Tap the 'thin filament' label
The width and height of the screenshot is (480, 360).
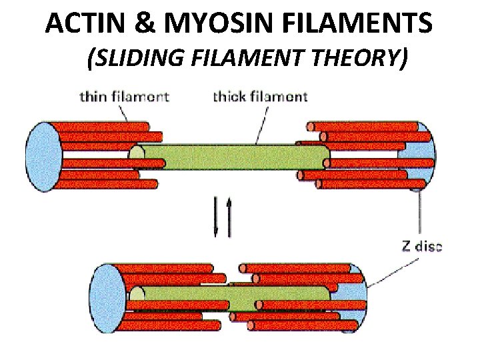(x=124, y=97)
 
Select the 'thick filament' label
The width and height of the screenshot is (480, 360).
(x=260, y=97)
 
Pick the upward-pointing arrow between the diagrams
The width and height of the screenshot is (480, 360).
(x=231, y=217)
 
